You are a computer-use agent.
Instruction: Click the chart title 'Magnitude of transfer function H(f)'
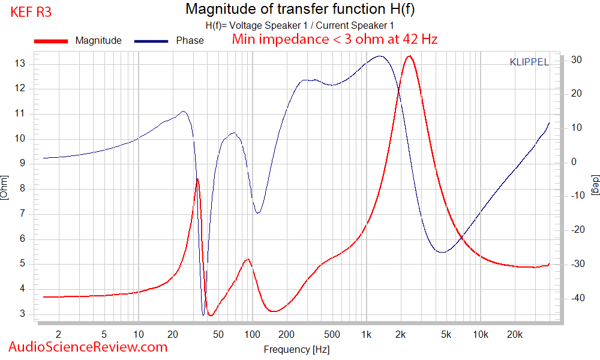[299, 9]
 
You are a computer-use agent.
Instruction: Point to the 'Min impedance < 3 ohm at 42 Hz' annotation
[335, 40]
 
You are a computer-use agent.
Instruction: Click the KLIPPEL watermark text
[529, 62]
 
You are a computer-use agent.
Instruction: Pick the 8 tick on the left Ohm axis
[22, 188]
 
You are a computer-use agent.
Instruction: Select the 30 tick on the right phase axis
[577, 59]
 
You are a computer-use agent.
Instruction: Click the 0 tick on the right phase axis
[574, 162]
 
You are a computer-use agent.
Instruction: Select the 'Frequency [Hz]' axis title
[296, 349]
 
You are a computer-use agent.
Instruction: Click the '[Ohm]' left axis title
[5, 187]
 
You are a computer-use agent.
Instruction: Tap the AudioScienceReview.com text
[88, 347]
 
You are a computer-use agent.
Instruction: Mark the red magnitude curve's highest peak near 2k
[409, 56]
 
